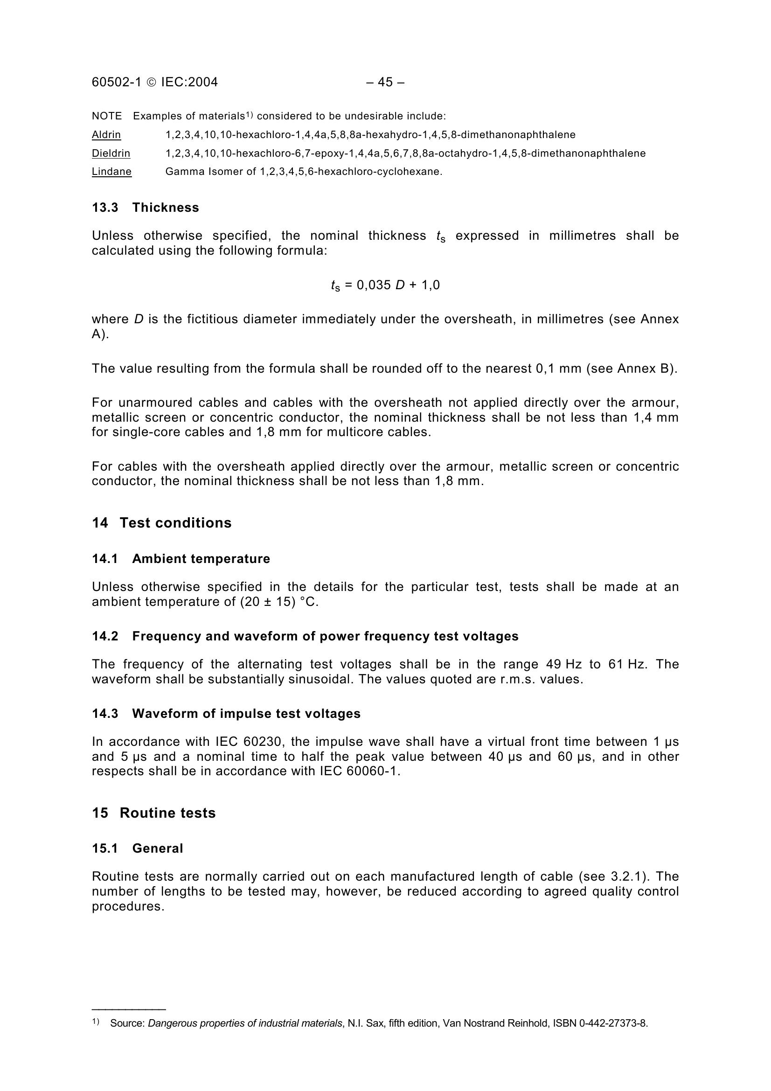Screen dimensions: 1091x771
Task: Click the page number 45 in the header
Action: click(385, 82)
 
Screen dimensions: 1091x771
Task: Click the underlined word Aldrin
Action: click(106, 134)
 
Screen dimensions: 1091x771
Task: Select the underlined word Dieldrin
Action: click(111, 153)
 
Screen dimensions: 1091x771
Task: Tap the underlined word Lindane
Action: click(111, 172)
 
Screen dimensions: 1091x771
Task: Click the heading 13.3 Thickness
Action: click(146, 208)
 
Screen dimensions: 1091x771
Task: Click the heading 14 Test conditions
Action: click(161, 523)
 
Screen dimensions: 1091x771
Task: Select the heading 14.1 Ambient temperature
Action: click(181, 559)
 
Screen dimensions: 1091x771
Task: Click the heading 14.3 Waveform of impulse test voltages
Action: click(226, 714)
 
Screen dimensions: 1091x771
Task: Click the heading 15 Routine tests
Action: click(153, 813)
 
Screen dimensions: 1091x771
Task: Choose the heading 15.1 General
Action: click(137, 848)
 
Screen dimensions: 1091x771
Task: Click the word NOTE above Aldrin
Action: click(107, 116)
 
